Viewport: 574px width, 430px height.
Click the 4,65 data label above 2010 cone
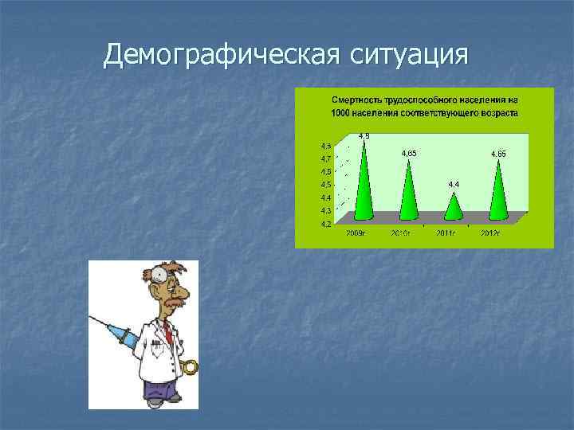(x=408, y=152)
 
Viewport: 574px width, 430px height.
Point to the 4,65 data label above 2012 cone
(x=498, y=152)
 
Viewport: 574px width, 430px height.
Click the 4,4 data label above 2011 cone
(x=453, y=184)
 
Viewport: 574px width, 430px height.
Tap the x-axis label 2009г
(x=356, y=233)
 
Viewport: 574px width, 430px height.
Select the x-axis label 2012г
(x=489, y=233)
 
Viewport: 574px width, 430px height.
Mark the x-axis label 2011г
(x=445, y=233)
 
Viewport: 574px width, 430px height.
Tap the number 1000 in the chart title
(x=340, y=113)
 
